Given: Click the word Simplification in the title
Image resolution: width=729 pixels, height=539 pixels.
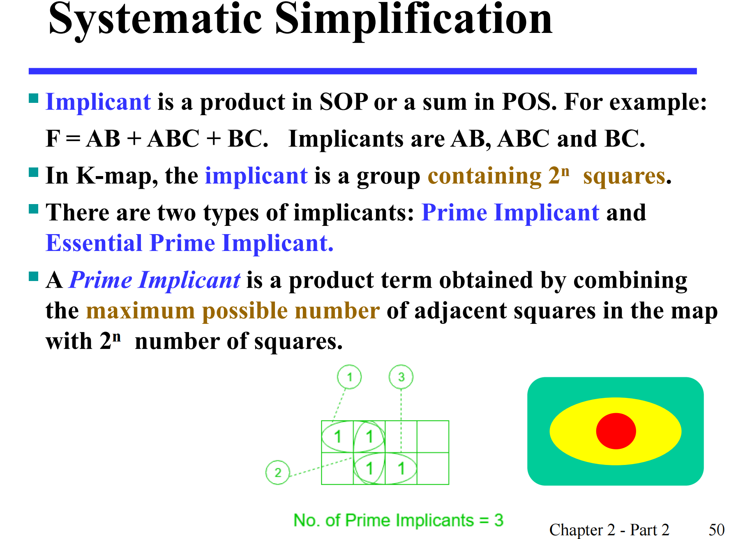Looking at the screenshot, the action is pos(414,20).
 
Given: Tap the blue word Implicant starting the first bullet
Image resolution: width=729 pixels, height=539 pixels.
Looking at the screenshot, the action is pos(98,102).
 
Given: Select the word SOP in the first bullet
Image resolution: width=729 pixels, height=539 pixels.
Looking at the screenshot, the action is pos(344,102).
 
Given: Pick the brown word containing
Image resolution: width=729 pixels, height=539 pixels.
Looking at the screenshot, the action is pos(485,176).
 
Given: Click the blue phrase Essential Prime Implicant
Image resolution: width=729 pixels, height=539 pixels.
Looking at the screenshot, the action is pos(189,243).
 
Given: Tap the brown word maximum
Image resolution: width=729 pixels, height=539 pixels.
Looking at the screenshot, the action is pos(140,311).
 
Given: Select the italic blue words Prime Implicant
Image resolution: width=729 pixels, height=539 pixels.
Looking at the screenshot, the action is pos(155,280).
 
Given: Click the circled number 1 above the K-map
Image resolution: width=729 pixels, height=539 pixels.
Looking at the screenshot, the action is pos(349,377).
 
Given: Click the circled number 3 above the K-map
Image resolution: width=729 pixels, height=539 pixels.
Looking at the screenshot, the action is pos(401,377).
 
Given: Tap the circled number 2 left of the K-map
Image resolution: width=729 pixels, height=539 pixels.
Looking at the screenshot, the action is pos(278,472).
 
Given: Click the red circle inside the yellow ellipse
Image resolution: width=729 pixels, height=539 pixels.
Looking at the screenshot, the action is pos(616,431).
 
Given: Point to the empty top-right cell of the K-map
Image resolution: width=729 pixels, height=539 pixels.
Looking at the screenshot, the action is pos(433,437).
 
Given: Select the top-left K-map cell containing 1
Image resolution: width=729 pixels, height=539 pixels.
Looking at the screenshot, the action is pos(337,437).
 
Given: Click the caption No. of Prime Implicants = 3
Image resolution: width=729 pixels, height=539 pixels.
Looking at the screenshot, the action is pos(398,520).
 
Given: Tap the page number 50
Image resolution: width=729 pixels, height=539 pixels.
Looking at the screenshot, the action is pos(717,530).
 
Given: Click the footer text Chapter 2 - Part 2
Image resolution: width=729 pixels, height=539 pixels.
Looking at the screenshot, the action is pos(609,530).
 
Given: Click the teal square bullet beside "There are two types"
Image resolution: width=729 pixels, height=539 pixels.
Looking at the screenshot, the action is pos(34,209).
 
